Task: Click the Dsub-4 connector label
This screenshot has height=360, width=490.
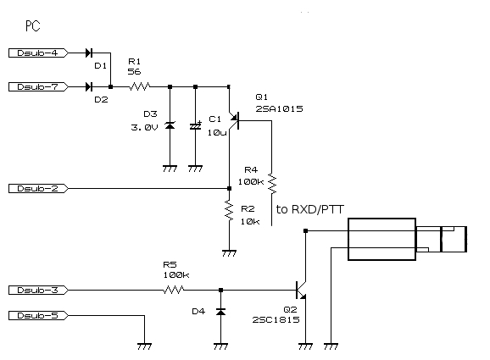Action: (38, 53)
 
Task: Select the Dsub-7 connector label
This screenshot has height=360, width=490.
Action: (38, 86)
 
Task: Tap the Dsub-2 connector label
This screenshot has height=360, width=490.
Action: (38, 189)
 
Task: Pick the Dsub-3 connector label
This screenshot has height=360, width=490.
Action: (38, 290)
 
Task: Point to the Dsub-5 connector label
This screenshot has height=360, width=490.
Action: (38, 316)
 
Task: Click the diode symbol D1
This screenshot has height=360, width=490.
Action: (89, 53)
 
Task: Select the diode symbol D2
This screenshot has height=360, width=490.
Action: (89, 86)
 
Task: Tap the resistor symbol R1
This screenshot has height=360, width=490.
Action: (140, 86)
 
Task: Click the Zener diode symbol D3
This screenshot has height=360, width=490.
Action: (170, 125)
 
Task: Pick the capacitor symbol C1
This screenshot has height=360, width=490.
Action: (196, 126)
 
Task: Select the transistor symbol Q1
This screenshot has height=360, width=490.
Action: (234, 120)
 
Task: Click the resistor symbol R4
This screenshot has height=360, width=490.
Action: (272, 184)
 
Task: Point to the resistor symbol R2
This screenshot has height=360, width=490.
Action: (229, 211)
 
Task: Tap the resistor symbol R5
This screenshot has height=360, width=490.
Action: (174, 290)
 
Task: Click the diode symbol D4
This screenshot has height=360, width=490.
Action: (221, 311)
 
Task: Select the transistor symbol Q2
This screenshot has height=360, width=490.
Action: (301, 290)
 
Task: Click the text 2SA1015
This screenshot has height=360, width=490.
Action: (280, 108)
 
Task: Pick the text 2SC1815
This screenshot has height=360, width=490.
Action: (276, 319)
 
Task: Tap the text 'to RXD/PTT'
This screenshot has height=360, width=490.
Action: (310, 209)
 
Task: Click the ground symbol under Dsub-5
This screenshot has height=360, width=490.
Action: (144, 346)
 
